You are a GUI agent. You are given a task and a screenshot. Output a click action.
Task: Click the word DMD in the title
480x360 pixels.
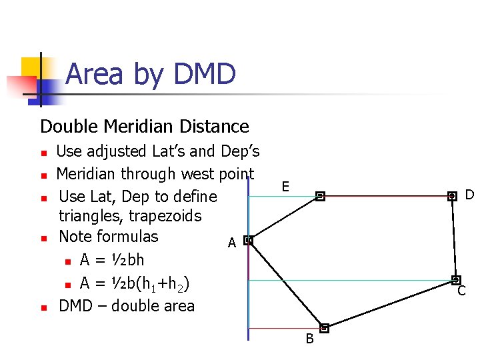click(204, 74)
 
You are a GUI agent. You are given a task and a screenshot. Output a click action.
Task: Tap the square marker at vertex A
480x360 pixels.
click(248, 240)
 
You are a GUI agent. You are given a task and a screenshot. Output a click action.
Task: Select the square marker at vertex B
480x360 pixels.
click(324, 328)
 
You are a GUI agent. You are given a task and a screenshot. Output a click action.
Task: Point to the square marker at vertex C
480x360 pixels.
click(456, 281)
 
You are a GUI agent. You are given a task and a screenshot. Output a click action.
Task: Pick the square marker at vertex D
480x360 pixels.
click(452, 196)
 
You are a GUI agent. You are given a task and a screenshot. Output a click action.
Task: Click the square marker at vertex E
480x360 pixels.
click(320, 196)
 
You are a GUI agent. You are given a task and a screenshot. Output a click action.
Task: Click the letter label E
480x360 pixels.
click(285, 187)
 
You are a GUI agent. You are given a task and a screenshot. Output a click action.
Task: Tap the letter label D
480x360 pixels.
click(469, 195)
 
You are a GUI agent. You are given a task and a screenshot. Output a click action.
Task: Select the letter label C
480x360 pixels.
click(461, 291)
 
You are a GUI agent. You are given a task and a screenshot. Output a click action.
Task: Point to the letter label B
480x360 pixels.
click(309, 339)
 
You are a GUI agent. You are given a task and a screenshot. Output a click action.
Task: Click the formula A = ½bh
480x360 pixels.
click(111, 260)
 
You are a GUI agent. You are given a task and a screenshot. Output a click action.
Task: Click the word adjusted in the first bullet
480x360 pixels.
click(117, 152)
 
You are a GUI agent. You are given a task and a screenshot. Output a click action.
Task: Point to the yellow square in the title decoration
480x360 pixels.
click(30, 67)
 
